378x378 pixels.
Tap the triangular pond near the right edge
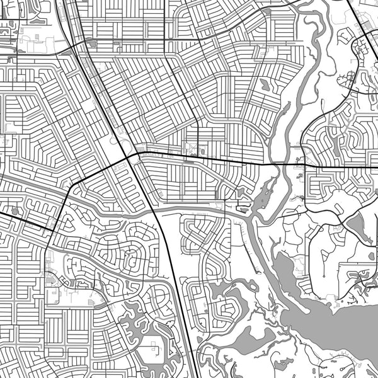[357, 223]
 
